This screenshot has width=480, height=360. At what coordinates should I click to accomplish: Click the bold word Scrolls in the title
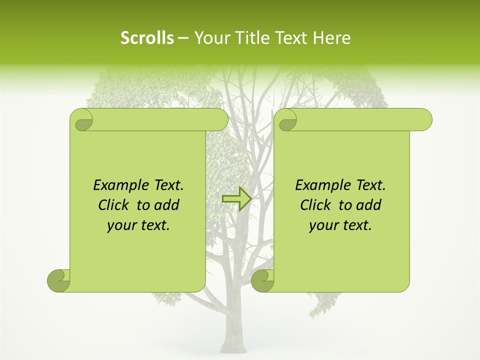147,38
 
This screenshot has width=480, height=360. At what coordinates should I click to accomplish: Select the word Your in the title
210,38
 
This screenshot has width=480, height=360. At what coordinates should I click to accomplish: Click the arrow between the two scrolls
236,198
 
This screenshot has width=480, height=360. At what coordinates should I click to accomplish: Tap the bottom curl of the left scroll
58,280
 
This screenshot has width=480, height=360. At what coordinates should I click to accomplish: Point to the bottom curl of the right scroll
262,280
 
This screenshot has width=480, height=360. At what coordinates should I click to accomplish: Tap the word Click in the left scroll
113,205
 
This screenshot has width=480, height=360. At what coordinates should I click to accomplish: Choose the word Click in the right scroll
315,205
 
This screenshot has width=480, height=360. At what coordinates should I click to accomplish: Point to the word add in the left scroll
166,205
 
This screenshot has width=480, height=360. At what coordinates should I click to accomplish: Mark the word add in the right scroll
368,205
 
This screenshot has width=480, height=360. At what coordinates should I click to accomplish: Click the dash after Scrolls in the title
183,38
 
